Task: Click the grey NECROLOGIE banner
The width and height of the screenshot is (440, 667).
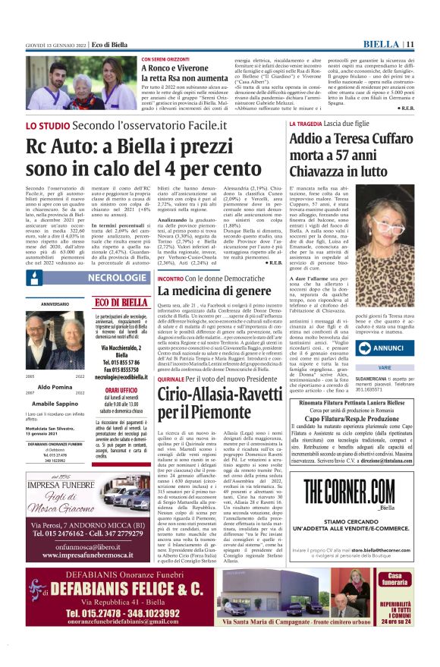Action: point(117,278)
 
